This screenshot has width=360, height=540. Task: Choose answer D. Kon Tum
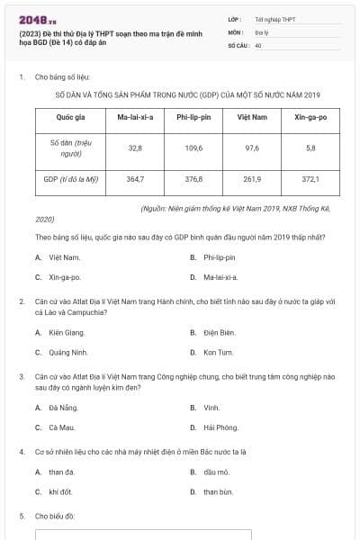[216, 352]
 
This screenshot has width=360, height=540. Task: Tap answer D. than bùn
[217, 491]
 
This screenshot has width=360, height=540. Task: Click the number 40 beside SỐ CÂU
[258, 44]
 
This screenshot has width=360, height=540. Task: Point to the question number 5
[22, 516]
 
